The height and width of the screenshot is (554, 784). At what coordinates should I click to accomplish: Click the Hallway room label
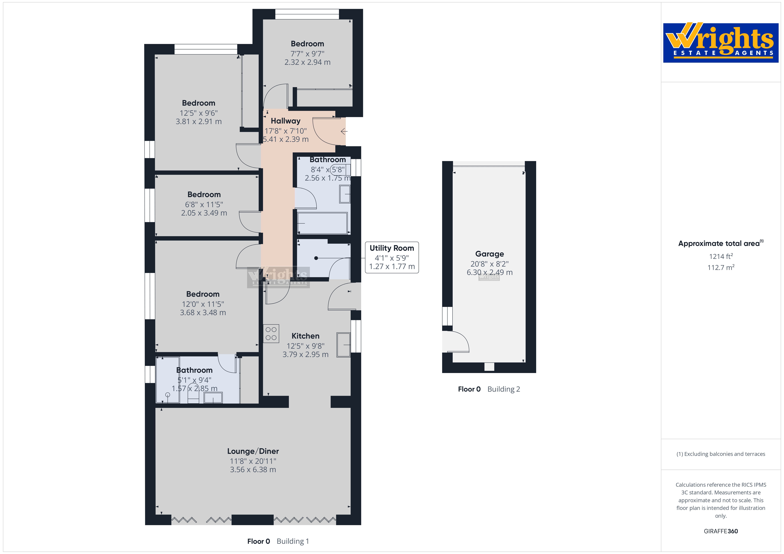tap(286, 121)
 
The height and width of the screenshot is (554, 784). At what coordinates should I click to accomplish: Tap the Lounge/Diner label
tap(253, 451)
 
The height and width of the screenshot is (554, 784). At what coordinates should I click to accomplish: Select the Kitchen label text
tap(305, 336)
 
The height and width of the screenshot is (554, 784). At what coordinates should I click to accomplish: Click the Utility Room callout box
tap(392, 257)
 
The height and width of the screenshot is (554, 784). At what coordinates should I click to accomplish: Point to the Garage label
tap(489, 254)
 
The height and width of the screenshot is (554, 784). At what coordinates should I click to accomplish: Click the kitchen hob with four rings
tap(271, 333)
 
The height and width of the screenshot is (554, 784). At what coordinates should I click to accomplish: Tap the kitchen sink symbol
tap(344, 345)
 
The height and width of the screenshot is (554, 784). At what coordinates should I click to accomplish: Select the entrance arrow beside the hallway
tap(344, 131)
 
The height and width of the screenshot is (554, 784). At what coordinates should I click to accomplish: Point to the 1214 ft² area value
tap(721, 256)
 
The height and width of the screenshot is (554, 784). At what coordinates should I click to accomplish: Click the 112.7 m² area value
tap(721, 267)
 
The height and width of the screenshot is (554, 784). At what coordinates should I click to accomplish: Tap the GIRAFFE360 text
tap(721, 531)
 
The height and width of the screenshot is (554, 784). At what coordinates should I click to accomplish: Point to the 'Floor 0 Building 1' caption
tap(278, 541)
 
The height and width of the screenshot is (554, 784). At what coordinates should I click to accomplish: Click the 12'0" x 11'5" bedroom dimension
tap(203, 304)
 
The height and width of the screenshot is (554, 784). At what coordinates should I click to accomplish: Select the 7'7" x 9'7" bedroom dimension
tap(307, 54)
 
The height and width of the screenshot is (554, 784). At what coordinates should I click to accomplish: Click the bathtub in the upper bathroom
tap(322, 223)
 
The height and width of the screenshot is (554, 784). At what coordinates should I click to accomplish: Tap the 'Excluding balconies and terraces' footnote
tap(721, 454)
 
